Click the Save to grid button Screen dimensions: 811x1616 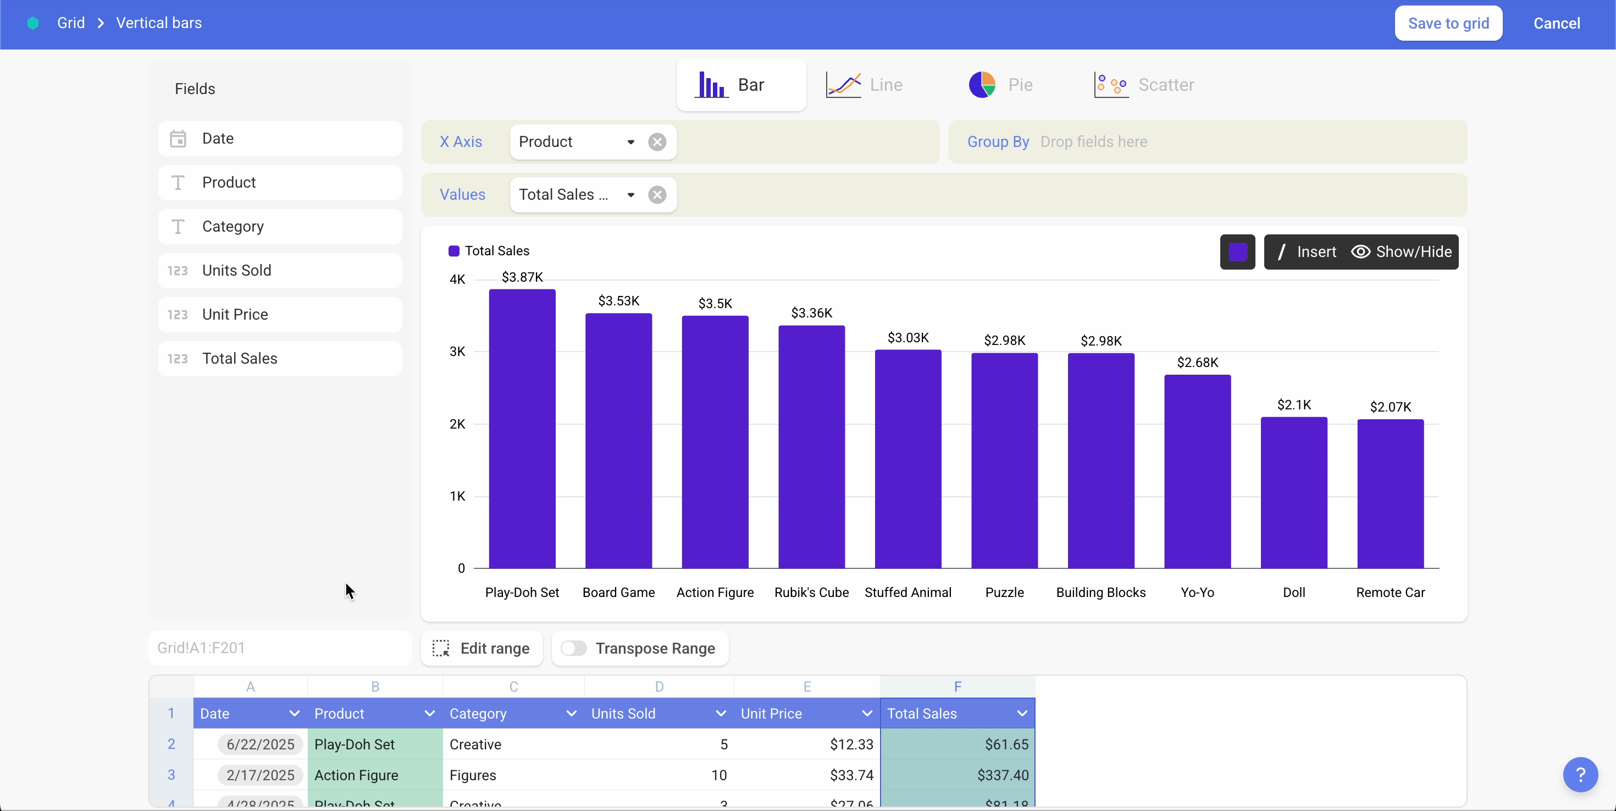pos(1448,23)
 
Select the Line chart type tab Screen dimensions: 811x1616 pos(865,85)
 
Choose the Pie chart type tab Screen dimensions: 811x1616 pos(1000,85)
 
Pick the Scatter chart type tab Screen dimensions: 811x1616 pos(1144,85)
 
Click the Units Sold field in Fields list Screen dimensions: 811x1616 pos(280,271)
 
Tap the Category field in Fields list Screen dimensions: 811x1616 pos(280,227)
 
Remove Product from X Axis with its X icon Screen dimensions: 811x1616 pos(657,142)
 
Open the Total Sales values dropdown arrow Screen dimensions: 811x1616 pos(630,195)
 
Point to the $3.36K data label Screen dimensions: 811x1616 pos(811,313)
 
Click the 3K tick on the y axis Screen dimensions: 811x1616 pos(457,352)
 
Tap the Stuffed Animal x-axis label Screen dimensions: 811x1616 pos(907,593)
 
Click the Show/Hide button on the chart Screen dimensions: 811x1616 pos(1402,251)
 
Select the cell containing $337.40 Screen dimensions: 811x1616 pos(958,775)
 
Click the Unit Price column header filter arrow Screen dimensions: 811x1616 pos(866,713)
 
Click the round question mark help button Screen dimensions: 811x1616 pos(1580,775)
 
